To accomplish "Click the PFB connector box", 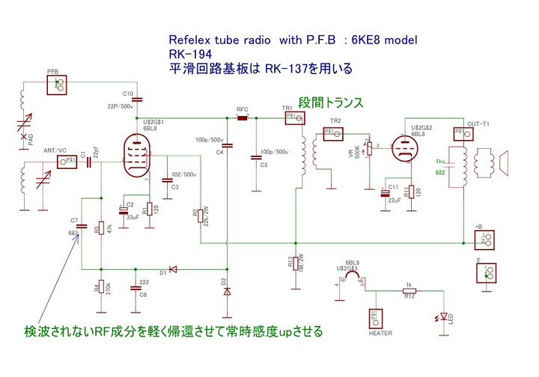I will pos(56,85).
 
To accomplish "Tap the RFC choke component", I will pos(243,117).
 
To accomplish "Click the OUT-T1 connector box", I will pos(461,133).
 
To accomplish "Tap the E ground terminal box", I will pos(487,272).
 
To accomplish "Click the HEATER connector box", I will pos(375,318).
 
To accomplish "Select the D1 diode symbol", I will pos(172,269).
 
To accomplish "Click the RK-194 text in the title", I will pos(189,54).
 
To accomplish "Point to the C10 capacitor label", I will pos(128,94).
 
